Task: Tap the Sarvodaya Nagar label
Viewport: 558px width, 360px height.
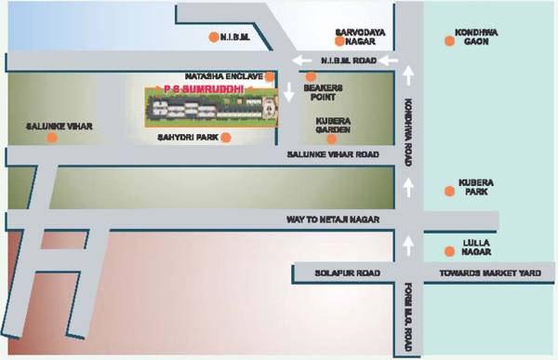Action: click(355, 36)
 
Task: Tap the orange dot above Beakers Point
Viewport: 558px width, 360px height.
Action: click(311, 76)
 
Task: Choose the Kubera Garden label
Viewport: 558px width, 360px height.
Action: click(332, 126)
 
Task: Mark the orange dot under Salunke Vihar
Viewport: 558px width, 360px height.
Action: click(51, 138)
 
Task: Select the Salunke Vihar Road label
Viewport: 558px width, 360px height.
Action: click(336, 154)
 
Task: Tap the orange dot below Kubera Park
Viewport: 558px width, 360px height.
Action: click(450, 191)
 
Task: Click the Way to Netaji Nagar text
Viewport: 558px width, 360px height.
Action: click(328, 220)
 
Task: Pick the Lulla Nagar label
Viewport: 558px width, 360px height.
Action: click(476, 247)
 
